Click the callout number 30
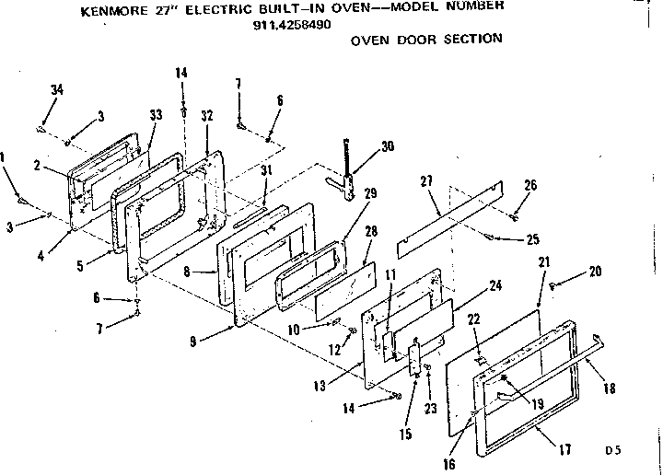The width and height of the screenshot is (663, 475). click(x=387, y=146)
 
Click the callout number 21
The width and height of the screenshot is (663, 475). click(x=543, y=263)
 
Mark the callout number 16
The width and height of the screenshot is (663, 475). click(x=449, y=464)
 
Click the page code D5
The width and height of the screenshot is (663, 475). click(x=613, y=451)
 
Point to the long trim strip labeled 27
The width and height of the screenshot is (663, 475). click(x=451, y=216)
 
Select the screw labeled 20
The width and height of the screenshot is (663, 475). click(x=552, y=288)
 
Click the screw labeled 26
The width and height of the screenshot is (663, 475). click(x=515, y=216)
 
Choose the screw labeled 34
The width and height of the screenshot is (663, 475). click(x=41, y=129)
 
